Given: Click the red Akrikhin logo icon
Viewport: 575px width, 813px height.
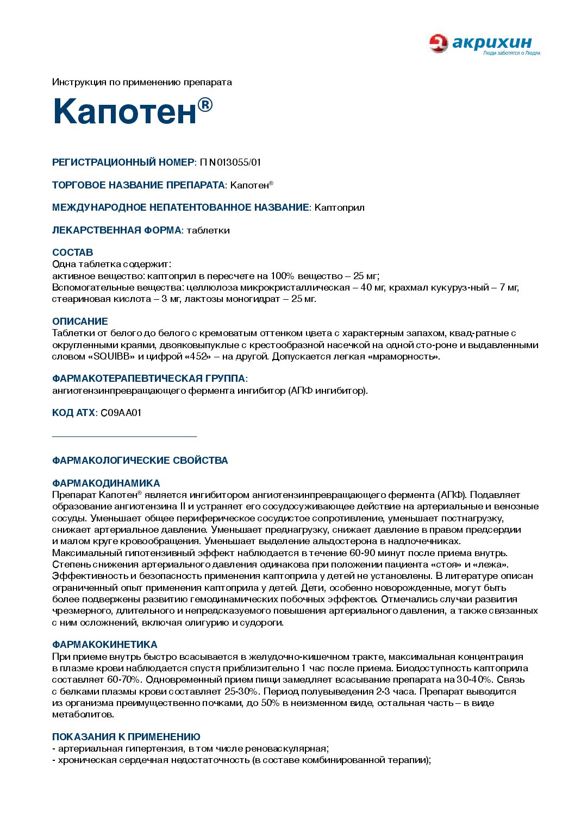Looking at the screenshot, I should [x=438, y=43].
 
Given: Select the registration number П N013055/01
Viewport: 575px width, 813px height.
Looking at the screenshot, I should [x=230, y=162].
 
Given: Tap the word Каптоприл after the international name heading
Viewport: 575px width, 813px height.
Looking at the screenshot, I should [x=340, y=207].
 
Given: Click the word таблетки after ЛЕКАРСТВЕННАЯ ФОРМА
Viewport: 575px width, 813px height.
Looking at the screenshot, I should [x=208, y=230].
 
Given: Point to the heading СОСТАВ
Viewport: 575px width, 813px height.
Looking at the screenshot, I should [x=72, y=253].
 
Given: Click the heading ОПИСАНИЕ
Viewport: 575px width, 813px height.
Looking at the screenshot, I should [x=80, y=322].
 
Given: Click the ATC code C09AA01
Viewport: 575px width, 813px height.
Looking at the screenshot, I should [x=121, y=413].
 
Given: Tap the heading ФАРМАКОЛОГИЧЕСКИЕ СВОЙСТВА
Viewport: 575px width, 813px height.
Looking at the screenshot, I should [x=140, y=461].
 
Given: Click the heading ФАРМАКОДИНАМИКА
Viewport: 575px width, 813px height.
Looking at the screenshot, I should [x=106, y=483].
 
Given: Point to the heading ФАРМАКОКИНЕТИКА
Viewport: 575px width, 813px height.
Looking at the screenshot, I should [x=104, y=645].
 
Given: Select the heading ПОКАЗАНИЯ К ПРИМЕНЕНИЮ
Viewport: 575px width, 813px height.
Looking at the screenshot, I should [x=126, y=737].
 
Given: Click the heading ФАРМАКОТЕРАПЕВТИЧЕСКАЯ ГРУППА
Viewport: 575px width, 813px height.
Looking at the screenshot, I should [x=148, y=379].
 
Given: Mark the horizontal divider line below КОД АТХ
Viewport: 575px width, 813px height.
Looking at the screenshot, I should [x=124, y=436].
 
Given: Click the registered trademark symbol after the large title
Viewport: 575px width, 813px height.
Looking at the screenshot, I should [x=205, y=104].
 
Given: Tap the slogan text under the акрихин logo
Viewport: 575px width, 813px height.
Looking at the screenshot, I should [x=511, y=53].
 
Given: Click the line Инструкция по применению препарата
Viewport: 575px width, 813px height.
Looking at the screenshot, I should [x=142, y=83].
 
